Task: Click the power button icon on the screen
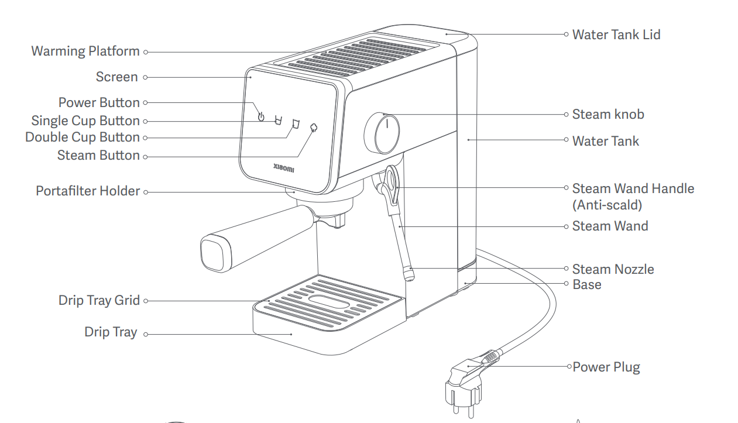click(261, 116)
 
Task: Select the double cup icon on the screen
click(296, 123)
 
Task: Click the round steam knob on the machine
click(384, 133)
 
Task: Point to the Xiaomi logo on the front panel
click(284, 169)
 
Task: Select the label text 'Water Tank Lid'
click(616, 35)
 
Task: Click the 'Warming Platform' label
click(85, 51)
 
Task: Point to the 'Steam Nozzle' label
click(613, 269)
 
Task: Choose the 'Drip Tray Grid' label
click(99, 301)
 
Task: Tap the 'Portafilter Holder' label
click(88, 191)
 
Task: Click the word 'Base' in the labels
click(586, 284)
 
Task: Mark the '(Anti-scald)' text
click(607, 205)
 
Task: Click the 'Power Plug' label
click(606, 367)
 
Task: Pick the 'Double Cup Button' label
click(83, 137)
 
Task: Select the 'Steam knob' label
click(608, 114)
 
